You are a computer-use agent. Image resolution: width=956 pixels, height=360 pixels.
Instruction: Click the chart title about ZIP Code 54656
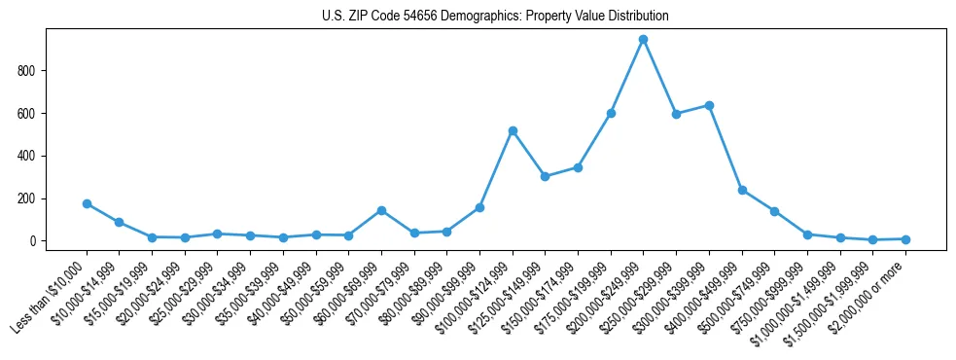495,17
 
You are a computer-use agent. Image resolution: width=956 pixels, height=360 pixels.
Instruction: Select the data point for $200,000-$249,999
643,39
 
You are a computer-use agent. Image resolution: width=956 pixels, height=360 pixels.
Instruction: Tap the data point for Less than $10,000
87,203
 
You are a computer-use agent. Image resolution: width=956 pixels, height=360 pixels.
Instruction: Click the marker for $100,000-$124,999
512,130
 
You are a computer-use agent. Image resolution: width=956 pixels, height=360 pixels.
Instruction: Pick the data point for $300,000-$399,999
709,105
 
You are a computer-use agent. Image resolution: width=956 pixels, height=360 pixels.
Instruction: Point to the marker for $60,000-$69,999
381,210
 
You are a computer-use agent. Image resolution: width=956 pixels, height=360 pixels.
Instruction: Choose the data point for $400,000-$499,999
742,190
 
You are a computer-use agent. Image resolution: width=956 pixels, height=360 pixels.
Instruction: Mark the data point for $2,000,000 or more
905,238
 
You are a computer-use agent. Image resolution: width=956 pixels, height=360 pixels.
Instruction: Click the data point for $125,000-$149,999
545,176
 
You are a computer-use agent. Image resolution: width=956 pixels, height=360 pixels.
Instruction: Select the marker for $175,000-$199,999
611,113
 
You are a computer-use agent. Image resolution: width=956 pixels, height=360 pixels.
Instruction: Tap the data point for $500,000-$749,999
774,211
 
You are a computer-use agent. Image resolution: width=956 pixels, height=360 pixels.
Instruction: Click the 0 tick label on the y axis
33,241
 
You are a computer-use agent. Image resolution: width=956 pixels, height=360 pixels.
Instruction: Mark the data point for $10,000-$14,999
119,222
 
